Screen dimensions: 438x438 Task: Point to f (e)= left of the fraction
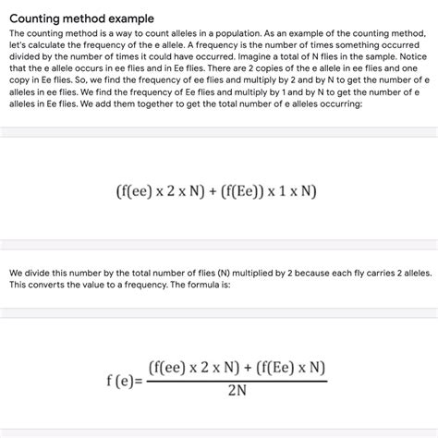pos(125,380)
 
